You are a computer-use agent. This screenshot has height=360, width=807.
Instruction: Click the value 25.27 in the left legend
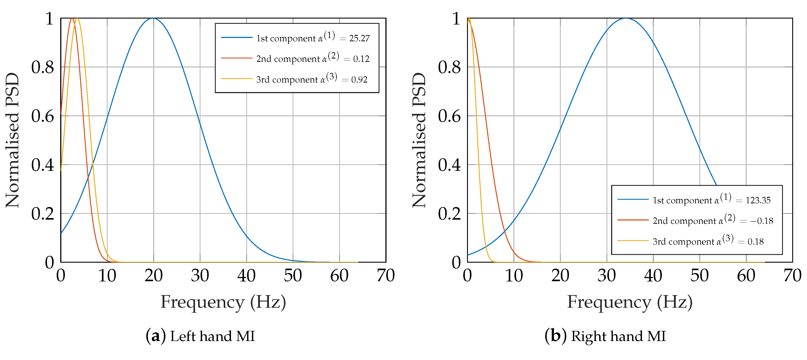(x=359, y=38)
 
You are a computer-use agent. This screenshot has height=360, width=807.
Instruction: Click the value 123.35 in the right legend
(x=758, y=200)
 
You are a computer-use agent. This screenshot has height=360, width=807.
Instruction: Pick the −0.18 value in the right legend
(x=762, y=221)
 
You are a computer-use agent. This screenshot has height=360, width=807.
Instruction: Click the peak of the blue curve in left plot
(x=153, y=19)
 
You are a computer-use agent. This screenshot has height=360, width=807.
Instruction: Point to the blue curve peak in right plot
(x=626, y=19)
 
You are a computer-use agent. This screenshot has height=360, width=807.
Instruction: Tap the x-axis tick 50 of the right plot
(x=700, y=276)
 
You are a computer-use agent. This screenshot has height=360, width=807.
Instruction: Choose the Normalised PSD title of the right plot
(x=419, y=140)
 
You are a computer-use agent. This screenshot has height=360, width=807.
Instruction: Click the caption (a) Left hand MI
(x=201, y=336)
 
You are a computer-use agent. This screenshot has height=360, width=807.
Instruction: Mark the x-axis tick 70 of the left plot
(x=386, y=276)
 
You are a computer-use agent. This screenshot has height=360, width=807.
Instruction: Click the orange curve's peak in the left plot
(x=72, y=19)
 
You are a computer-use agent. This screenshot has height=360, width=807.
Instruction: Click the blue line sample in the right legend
(x=633, y=199)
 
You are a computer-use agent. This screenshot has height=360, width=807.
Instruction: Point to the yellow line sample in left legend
(x=236, y=79)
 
